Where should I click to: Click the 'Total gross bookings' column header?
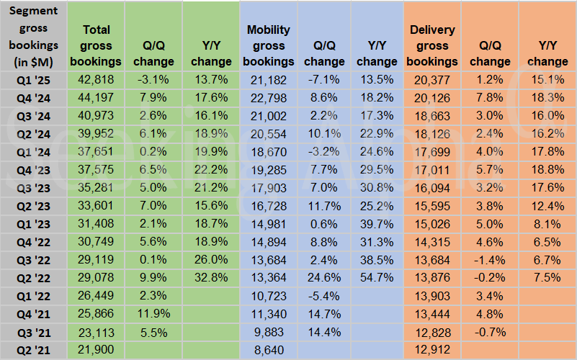(x=97, y=45)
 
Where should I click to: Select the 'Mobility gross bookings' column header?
(x=268, y=45)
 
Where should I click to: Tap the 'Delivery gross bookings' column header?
(x=432, y=45)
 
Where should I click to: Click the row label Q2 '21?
(x=35, y=349)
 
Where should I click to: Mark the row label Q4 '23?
(x=35, y=169)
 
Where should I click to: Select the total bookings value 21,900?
(x=97, y=349)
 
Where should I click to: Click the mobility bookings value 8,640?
(x=268, y=349)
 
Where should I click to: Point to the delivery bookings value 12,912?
(x=432, y=349)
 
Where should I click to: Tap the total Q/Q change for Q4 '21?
(x=153, y=313)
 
